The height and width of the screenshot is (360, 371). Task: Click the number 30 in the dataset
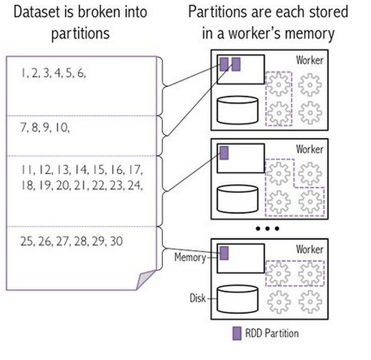116,241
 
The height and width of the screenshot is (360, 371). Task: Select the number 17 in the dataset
137,170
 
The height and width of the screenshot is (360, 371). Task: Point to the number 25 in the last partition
26,241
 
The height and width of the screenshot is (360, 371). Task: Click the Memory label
190,257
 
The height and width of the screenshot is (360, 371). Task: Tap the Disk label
198,298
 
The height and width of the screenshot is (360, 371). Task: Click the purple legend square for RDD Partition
237,334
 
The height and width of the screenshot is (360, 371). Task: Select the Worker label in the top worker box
309,60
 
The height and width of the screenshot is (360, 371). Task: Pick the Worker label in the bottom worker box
309,249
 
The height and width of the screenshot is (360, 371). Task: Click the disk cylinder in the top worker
237,110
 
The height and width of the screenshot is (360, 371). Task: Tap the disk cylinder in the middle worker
237,199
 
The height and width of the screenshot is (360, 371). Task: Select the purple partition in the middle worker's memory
224,153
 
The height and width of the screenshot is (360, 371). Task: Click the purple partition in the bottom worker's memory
224,253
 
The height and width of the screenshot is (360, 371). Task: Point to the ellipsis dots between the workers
267,228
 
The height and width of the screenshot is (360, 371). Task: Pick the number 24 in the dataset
135,185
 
